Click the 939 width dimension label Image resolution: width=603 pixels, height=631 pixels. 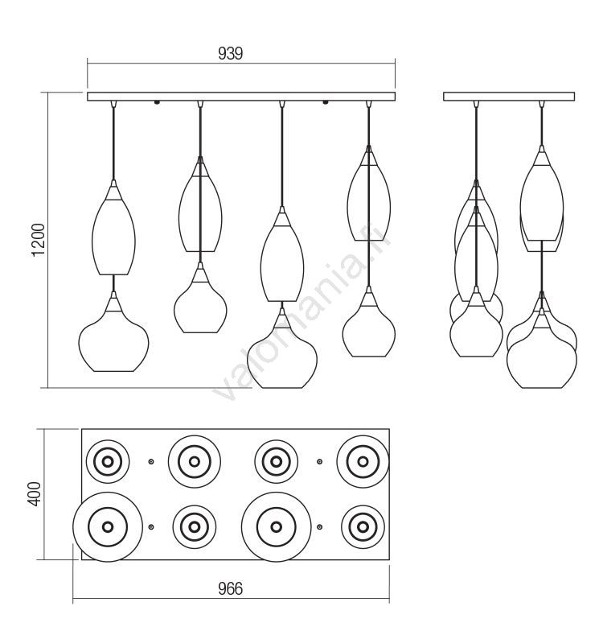(x=231, y=54)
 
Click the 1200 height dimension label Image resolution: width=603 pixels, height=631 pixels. (x=39, y=241)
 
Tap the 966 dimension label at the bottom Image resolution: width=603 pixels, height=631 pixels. (x=230, y=589)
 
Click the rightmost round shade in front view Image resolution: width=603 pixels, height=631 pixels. (x=368, y=326)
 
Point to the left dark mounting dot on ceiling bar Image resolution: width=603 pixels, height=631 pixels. (x=157, y=102)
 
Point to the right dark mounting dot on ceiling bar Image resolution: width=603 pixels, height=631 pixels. (x=326, y=102)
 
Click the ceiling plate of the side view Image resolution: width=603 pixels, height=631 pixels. (x=509, y=97)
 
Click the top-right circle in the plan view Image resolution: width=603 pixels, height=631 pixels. (x=363, y=462)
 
